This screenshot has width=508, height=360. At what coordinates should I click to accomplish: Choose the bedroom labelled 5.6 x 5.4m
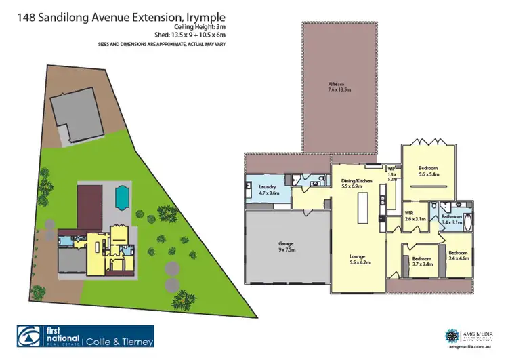click(x=427, y=171)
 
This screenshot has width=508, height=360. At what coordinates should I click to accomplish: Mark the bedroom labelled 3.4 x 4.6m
click(x=458, y=255)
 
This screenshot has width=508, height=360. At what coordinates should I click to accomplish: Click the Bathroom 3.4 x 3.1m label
click(x=452, y=220)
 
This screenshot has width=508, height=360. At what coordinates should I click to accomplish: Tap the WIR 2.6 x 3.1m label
click(x=415, y=216)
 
